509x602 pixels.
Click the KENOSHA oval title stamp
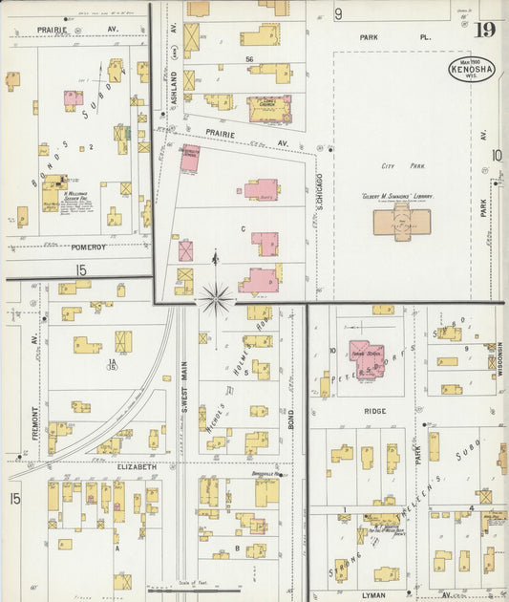[472, 70]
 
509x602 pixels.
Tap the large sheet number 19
[488, 31]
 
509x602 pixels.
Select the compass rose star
[216, 299]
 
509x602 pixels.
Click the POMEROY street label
[89, 247]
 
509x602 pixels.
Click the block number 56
[249, 60]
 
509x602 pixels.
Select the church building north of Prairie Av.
[270, 108]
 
